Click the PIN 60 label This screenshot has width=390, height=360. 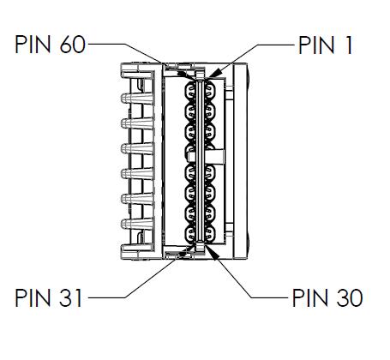(x=50, y=45)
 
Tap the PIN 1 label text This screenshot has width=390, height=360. (x=326, y=45)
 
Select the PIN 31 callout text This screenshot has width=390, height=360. (x=49, y=297)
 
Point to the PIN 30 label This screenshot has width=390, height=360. (x=327, y=297)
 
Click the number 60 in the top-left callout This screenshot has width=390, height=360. (x=73, y=45)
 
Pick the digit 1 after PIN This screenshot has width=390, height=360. (x=349, y=45)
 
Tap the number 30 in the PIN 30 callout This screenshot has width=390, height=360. (x=350, y=297)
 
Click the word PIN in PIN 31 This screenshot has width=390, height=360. (x=33, y=297)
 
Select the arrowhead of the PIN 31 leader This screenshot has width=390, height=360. (x=184, y=251)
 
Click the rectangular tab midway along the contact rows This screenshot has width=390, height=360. (x=206, y=157)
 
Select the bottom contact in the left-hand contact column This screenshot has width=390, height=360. (x=190, y=233)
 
